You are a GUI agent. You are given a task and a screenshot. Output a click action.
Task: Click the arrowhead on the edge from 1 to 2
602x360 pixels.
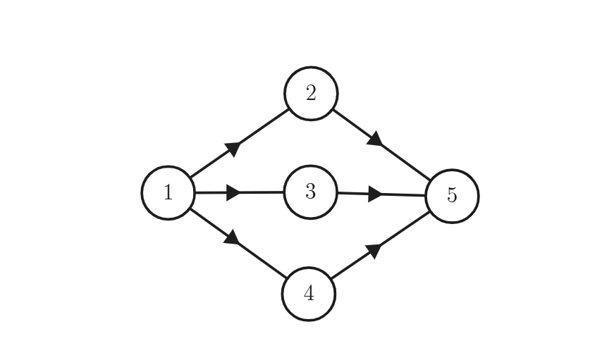pos(233,149)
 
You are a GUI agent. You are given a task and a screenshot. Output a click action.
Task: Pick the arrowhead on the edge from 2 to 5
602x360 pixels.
pos(375,139)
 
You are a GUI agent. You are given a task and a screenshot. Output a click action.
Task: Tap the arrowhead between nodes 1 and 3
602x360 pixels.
pos(233,192)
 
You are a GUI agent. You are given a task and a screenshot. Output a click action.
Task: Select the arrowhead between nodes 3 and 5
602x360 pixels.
pos(375,194)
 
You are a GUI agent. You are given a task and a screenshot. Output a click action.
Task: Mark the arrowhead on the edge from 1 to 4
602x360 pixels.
pos(232,237)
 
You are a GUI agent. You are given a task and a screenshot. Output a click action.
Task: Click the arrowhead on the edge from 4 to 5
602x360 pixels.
pos(374,252)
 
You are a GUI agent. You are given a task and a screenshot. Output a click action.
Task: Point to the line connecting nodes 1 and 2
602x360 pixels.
pos(240,143)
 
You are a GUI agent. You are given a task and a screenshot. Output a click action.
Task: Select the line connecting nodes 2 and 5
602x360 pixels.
pos(381,145)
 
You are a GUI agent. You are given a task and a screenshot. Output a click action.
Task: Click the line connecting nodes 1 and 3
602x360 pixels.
pos(240,192)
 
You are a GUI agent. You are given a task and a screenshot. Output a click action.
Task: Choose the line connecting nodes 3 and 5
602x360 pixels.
pos(381,194)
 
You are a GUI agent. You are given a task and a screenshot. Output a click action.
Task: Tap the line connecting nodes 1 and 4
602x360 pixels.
pos(238,243)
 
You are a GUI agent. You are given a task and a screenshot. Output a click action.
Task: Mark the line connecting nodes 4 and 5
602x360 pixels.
pos(381,245)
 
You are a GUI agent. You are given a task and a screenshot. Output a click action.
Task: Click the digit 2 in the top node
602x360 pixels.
pos(311,93)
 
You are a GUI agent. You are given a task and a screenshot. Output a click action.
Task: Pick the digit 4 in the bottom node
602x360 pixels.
pos(309,294)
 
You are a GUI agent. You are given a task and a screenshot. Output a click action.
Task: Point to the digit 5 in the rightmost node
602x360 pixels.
pos(453,195)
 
